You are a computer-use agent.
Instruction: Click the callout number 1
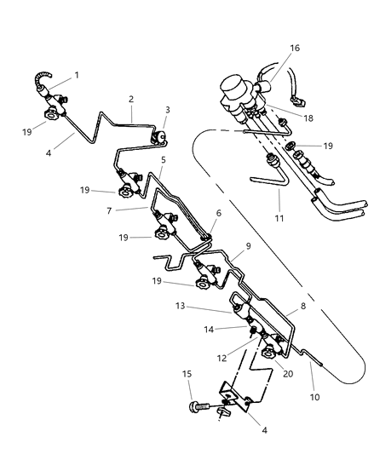point(76,75)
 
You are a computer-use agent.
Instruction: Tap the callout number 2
point(131,99)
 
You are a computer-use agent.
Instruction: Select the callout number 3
point(168,110)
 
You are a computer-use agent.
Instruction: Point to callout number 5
point(162,160)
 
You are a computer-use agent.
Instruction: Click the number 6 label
point(218,213)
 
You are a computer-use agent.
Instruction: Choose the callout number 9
point(248,246)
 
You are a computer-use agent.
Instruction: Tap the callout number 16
point(270,49)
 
